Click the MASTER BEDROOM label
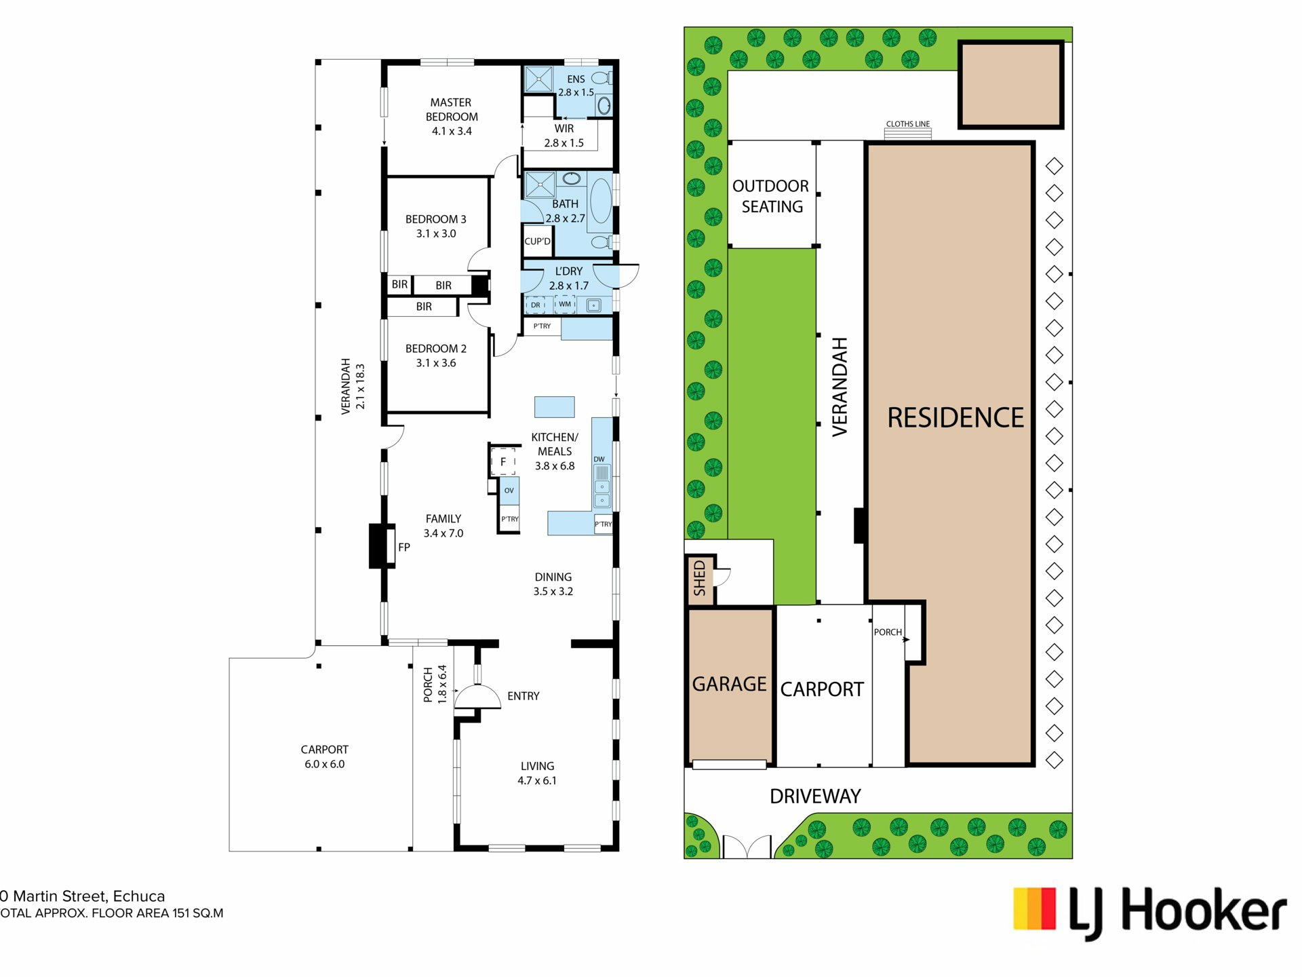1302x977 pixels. (452, 109)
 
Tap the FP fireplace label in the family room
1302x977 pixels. (404, 547)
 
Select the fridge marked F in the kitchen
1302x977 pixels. (503, 461)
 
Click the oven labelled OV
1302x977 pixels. (509, 491)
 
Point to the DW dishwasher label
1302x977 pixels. (599, 459)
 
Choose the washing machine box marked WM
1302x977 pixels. (565, 305)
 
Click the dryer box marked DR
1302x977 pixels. (536, 305)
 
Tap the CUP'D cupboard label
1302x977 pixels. (538, 242)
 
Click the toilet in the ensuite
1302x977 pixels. (601, 79)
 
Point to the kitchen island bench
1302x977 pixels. (555, 406)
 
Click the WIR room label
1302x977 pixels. (564, 128)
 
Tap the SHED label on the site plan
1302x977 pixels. (700, 578)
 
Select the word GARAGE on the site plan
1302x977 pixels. (730, 684)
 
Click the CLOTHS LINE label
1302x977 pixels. (908, 124)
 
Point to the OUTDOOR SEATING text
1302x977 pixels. (771, 196)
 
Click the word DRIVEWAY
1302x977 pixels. (815, 796)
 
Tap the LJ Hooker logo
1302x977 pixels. (1150, 912)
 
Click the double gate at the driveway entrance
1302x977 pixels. (747, 847)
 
